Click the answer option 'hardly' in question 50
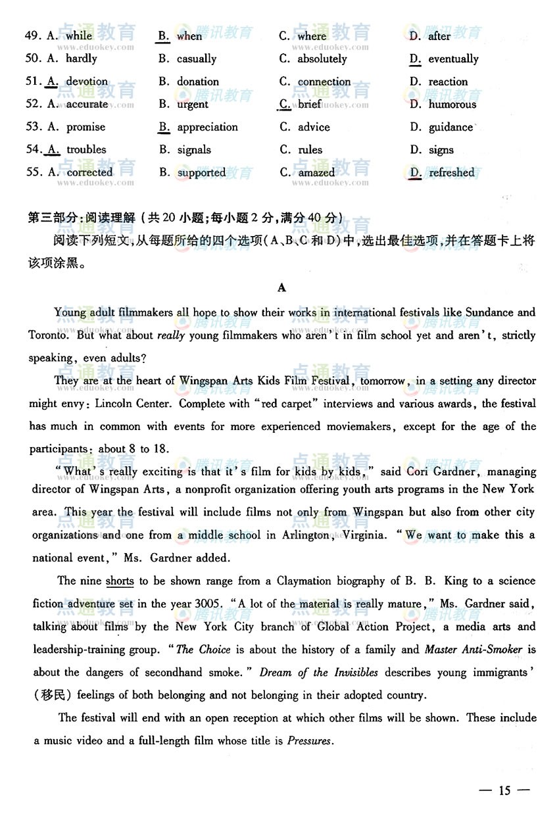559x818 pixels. tap(82, 59)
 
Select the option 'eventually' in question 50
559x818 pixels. tap(453, 59)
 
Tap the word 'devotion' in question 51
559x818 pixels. tap(87, 82)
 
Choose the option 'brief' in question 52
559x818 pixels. tap(310, 104)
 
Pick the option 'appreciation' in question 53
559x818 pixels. tap(207, 127)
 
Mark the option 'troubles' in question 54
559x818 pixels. tap(86, 149)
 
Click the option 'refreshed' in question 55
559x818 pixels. tap(451, 172)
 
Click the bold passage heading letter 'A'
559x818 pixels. tap(282, 287)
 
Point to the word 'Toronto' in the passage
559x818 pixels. tap(48, 335)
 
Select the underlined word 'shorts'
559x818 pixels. tap(120, 581)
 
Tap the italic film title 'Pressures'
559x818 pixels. tap(310, 740)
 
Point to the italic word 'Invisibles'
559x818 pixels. tap(355, 672)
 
